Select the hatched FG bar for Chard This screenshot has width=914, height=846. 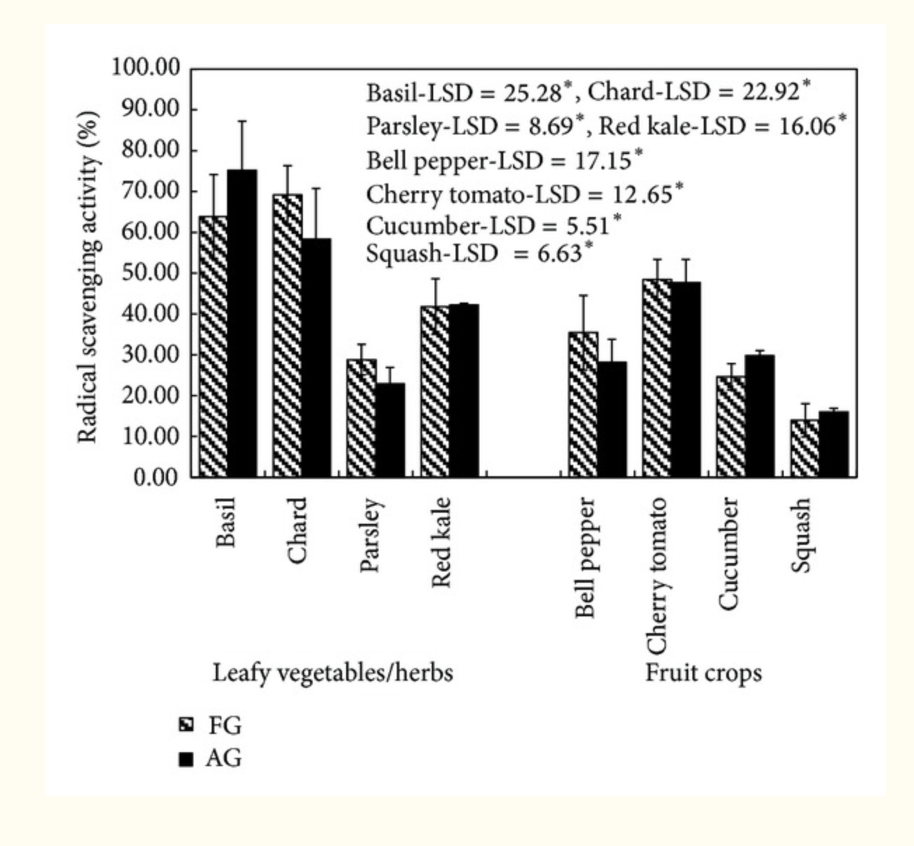pyautogui.click(x=287, y=336)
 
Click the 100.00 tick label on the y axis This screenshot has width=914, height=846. pyautogui.click(x=146, y=68)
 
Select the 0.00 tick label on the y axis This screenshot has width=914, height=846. pyautogui.click(x=156, y=477)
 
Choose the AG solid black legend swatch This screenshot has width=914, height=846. pyautogui.click(x=186, y=759)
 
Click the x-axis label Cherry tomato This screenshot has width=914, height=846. pyautogui.click(x=657, y=574)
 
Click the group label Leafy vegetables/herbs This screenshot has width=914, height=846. pyautogui.click(x=332, y=673)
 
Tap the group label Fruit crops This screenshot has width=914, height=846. pyautogui.click(x=703, y=673)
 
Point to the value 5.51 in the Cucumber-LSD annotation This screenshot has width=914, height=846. pyautogui.click(x=588, y=226)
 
